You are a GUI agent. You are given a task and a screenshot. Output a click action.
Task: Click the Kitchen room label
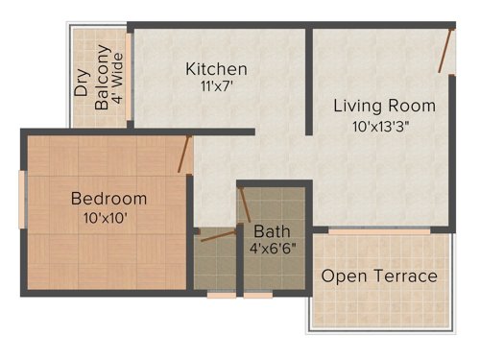pos(216,69)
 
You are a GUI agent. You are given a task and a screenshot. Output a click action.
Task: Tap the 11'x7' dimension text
pos(216,86)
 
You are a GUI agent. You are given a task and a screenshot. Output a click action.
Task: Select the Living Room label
pos(384,106)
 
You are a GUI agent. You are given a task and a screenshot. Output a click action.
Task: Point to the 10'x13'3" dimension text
pos(385,125)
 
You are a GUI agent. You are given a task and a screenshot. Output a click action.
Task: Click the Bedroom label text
pos(109,199)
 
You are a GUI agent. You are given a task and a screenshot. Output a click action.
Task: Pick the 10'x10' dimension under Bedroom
pos(106,217)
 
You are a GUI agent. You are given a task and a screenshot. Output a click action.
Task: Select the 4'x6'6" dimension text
pos(273,250)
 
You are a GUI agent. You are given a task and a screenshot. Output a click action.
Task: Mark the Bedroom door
pos(185,155)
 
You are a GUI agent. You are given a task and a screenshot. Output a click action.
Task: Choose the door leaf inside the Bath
pos(246,204)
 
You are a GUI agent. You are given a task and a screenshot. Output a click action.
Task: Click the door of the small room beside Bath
pos(218,234)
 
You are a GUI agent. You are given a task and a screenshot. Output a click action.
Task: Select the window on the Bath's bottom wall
pos(257,295)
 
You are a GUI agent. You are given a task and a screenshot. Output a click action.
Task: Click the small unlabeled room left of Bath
pos(215,264)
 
